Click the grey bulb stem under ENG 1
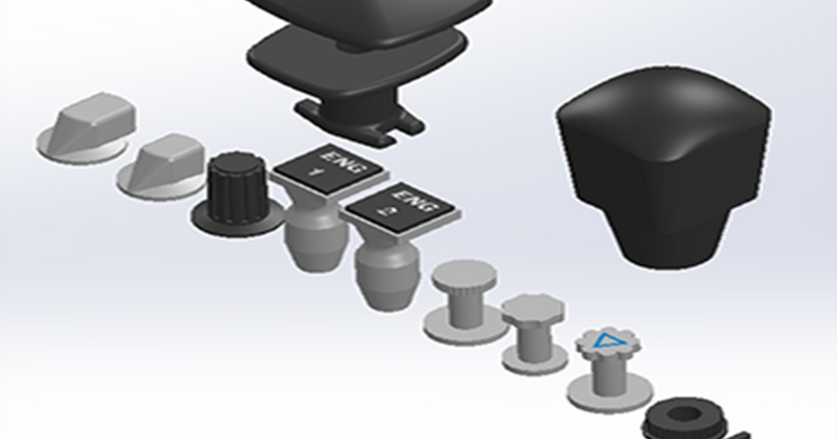coord(315,240)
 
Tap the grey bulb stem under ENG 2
coord(388,279)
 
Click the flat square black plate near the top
coord(356,59)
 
